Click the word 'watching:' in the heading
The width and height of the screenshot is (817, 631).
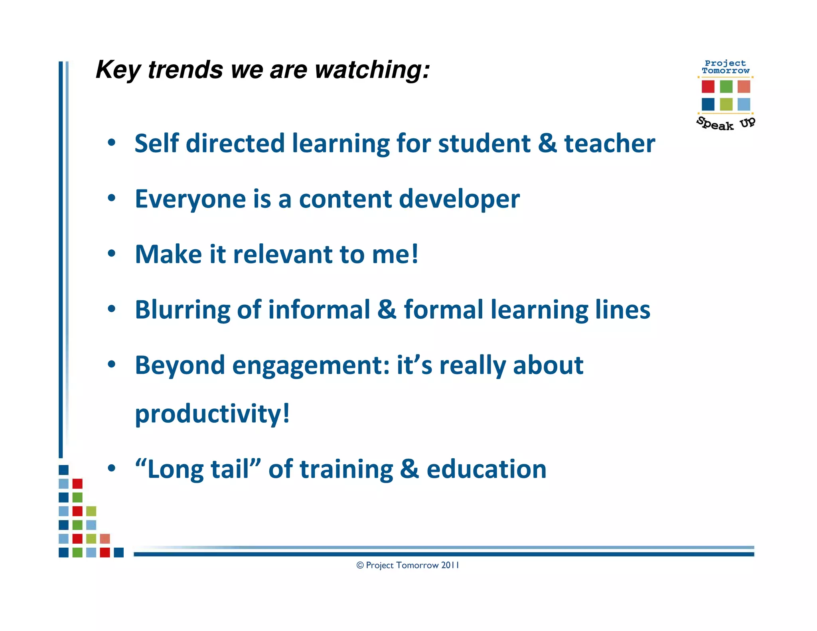coord(372,70)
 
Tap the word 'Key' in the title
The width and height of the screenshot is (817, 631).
coord(118,70)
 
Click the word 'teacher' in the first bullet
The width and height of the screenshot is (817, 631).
coord(609,144)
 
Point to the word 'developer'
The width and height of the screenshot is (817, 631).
coord(459,199)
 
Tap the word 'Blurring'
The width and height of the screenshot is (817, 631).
coord(182,310)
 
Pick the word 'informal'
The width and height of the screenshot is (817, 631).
coord(319,310)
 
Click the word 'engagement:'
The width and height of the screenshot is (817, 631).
coord(311,366)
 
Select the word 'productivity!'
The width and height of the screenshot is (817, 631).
coord(212,414)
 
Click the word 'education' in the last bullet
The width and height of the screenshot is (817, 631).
coord(486,469)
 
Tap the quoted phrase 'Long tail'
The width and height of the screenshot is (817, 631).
coord(198,469)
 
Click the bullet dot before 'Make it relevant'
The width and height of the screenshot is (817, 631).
coord(112,254)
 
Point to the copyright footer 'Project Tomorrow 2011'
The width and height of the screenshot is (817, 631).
coord(408,565)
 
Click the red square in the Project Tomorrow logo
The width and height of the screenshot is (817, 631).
coord(708,87)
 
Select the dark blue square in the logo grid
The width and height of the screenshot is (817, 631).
coord(708,105)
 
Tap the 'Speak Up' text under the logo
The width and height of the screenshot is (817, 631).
coord(726,124)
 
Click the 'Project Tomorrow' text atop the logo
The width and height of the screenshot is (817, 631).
coord(726,67)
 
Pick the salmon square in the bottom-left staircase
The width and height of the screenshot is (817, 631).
coord(105,539)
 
